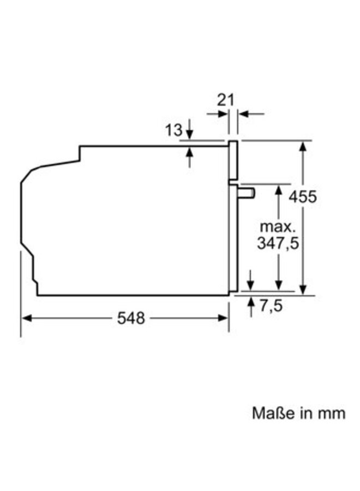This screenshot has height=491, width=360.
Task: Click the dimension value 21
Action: (225, 99)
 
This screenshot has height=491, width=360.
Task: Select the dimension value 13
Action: (173, 130)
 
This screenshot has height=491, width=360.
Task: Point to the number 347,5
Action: (278, 243)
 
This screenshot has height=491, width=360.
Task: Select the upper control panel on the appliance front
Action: (233, 160)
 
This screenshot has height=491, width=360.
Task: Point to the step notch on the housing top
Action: (80, 154)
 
